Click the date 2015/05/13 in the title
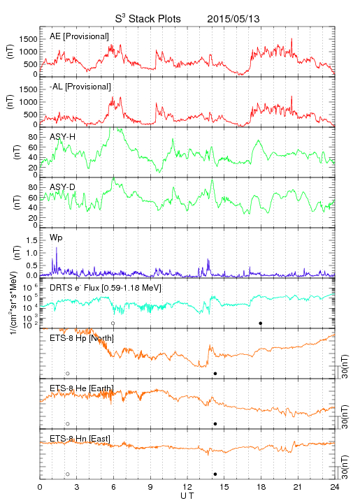coord(233,19)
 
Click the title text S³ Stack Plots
coord(148,19)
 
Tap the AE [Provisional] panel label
coord(79,36)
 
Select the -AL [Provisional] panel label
coord(80,87)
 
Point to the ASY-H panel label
coord(63,137)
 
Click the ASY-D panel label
coord(63,187)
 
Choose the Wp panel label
coord(56,238)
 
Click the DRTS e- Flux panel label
coord(106,288)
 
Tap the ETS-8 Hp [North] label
coord(82,338)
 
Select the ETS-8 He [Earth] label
coord(82,388)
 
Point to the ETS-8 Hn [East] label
coord(80,439)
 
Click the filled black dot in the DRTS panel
coord(261,323)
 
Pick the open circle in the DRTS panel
coord(113,323)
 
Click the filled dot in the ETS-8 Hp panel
coord(215,373)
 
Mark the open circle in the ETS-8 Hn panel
coord(68,474)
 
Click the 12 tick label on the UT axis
coord(187,487)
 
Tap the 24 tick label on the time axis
coord(335,487)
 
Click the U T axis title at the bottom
coord(187,496)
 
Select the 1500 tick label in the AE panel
coord(28,39)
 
